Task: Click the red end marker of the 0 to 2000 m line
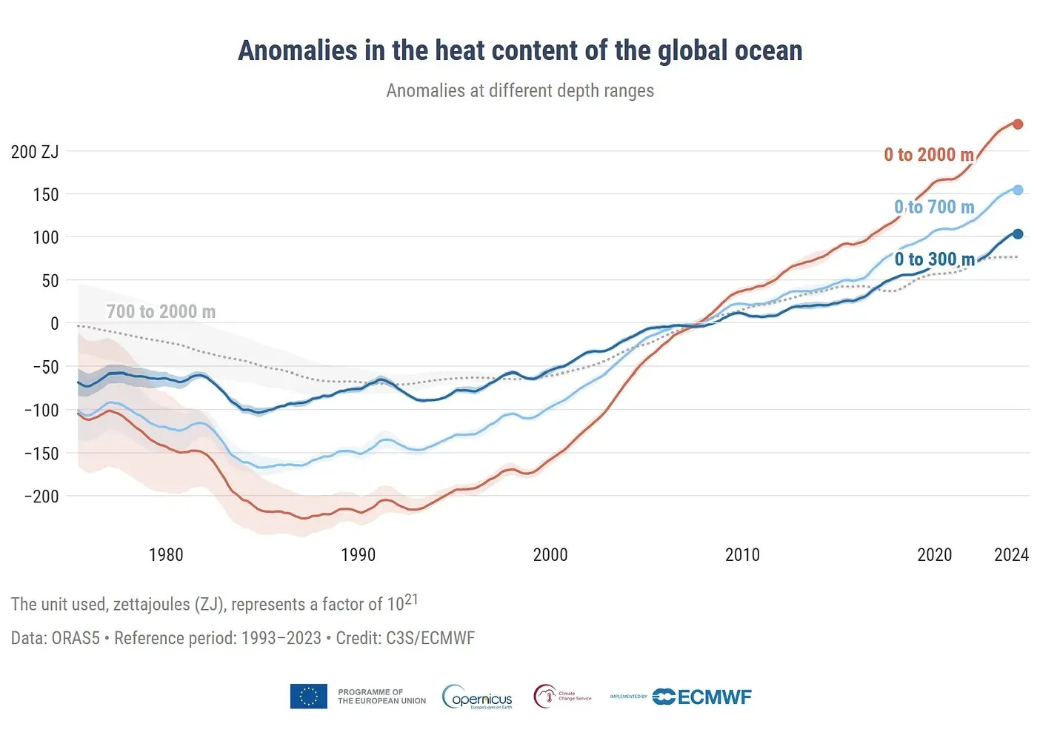coord(1018,124)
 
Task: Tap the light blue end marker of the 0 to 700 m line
coord(1018,190)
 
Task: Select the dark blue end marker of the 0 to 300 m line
coord(1018,234)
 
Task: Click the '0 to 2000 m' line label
coord(929,155)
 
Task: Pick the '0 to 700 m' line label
coord(934,207)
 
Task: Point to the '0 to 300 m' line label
coord(934,259)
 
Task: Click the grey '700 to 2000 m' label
coord(161,312)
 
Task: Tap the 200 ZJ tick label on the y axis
coord(35,152)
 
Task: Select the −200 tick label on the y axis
coord(41,496)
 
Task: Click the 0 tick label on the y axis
coord(54,324)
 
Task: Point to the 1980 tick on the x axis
coord(166,555)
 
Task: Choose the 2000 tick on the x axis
coord(550,555)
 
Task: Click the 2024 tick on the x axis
coord(1011,555)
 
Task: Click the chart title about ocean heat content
coord(520,50)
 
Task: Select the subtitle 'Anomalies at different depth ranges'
coord(520,90)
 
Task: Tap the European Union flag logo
coord(309,697)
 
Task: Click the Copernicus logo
coord(478,697)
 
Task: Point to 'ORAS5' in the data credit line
coord(76,638)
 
